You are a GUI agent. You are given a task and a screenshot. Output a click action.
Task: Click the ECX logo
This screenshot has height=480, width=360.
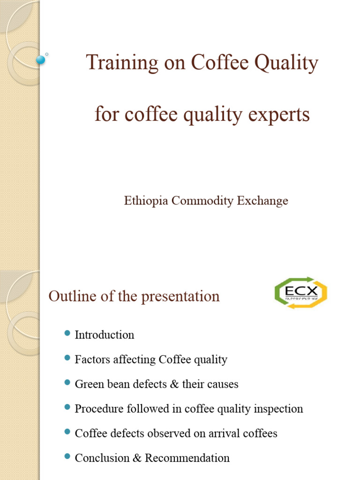point(300,292)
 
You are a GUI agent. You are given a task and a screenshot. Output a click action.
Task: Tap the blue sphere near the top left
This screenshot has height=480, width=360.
point(41,60)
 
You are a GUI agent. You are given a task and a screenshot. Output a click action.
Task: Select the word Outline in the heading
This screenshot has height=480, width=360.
point(70,296)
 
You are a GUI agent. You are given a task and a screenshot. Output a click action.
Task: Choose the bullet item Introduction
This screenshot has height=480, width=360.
point(105,335)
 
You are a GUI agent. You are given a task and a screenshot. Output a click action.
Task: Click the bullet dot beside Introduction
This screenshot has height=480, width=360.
point(66,334)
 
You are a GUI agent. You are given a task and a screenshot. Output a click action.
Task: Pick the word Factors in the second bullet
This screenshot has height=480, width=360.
point(93,360)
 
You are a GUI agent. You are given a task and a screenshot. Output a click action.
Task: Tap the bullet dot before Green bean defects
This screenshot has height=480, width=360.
point(66,383)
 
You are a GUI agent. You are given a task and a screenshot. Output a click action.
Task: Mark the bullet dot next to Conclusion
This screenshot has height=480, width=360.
point(66,457)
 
